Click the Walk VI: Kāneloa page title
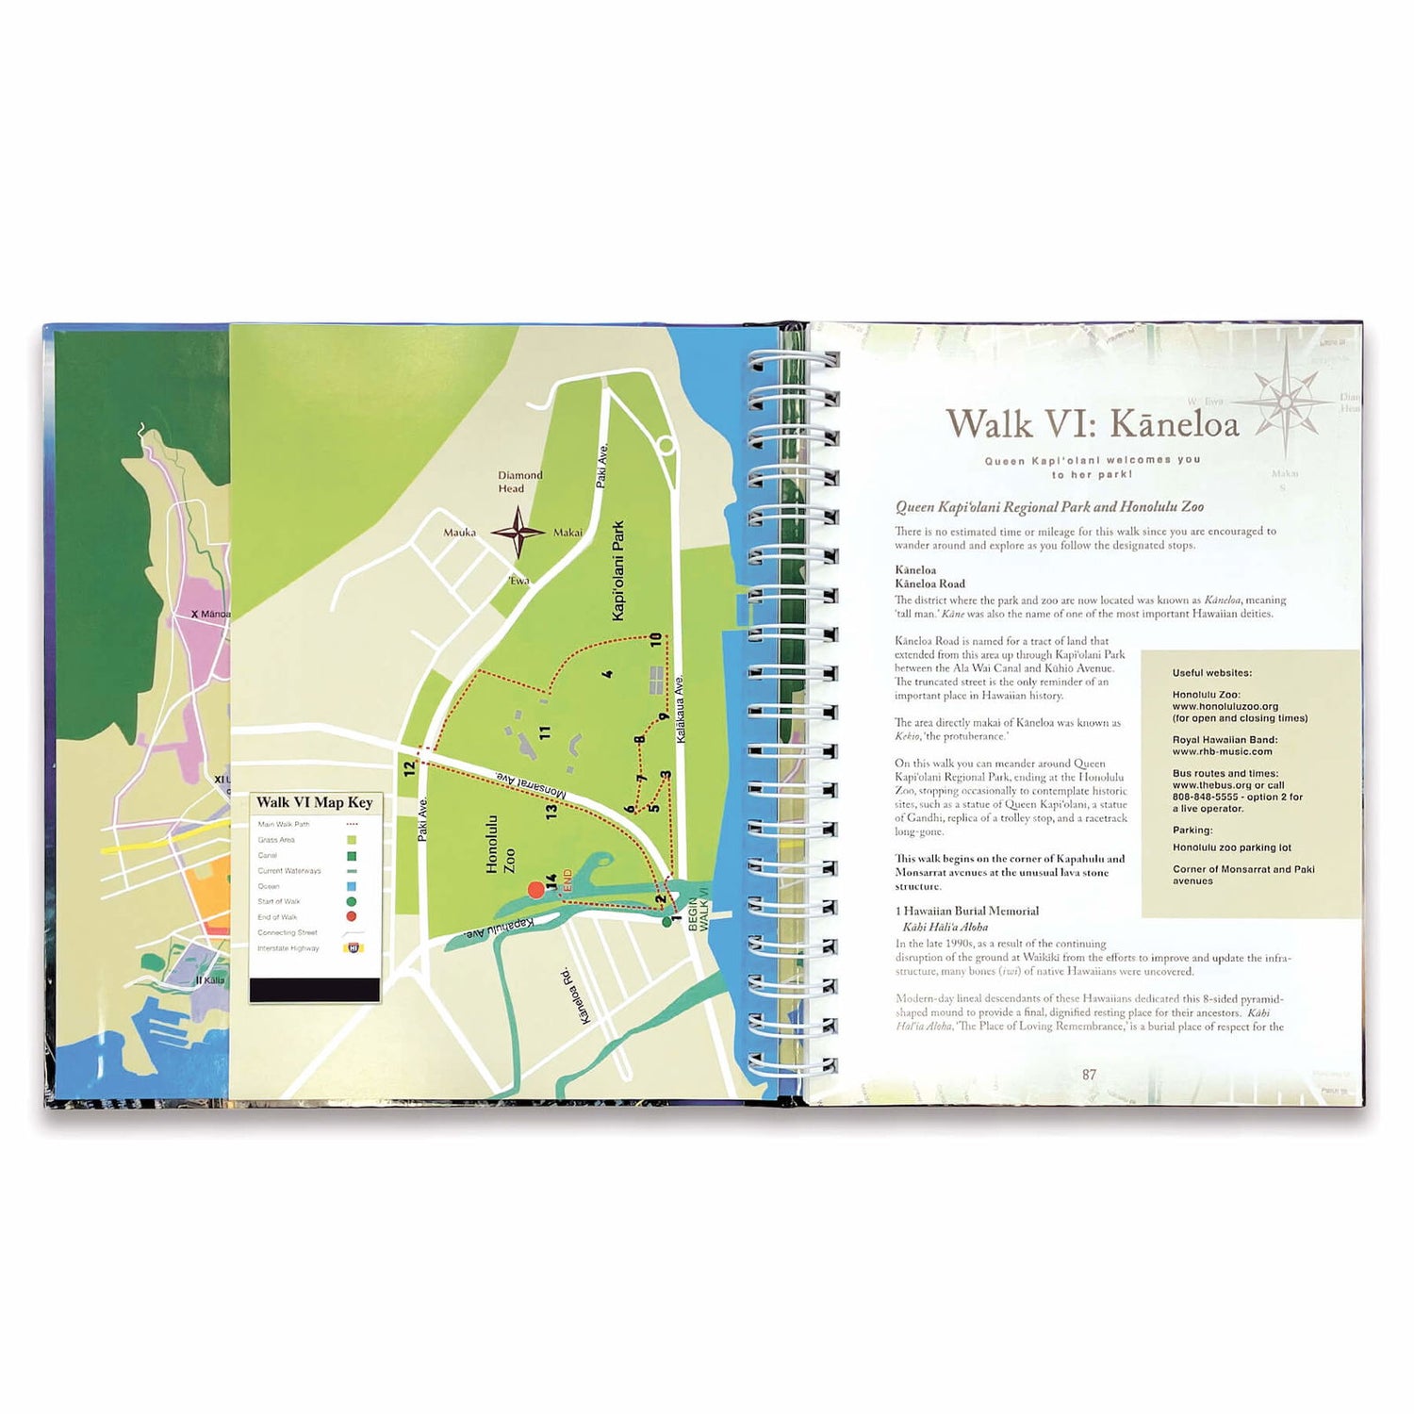click(1092, 424)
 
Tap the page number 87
click(1089, 1075)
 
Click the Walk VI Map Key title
click(315, 802)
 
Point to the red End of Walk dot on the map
click(535, 889)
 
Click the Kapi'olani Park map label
click(618, 571)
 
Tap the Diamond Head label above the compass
click(519, 482)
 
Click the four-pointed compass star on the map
click(517, 533)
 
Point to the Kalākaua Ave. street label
click(681, 708)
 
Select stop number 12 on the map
click(409, 767)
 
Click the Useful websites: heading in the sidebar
click(1211, 673)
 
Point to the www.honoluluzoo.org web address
click(1225, 706)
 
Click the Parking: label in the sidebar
click(1192, 830)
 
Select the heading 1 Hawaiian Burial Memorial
click(966, 911)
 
